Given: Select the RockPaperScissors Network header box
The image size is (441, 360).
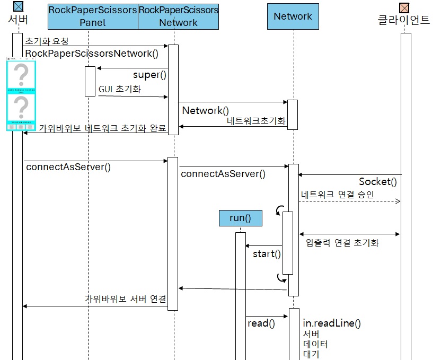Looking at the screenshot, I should click(178, 16).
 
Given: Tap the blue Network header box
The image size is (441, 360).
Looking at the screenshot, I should click(293, 16).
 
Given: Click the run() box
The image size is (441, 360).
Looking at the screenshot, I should click(240, 218).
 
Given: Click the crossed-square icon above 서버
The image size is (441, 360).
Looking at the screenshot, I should click(18, 7).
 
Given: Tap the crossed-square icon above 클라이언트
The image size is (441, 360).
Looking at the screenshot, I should click(404, 7).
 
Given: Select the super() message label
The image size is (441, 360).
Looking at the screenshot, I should click(149, 75).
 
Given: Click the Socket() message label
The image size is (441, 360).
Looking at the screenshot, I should click(377, 182).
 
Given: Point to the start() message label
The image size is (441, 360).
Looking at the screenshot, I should click(267, 253).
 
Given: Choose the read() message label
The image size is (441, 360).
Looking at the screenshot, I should click(261, 323).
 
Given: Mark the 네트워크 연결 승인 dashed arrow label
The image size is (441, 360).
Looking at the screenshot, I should click(337, 195).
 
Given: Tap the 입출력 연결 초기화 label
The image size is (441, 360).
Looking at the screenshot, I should click(342, 243).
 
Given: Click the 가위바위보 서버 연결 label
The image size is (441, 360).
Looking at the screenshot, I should click(126, 299).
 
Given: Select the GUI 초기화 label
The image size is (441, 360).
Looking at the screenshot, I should click(119, 90).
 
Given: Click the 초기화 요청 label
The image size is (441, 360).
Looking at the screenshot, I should click(47, 41).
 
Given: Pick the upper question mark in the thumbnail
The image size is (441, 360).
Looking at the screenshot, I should click(22, 75).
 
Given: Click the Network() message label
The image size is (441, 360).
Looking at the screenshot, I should click(205, 110).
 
